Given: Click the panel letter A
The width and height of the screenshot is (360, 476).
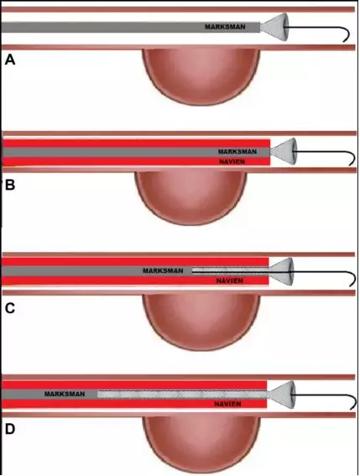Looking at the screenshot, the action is pyautogui.click(x=10, y=60).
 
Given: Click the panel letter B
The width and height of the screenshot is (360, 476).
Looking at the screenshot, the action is pyautogui.click(x=10, y=185).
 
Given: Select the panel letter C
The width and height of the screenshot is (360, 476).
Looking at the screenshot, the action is pyautogui.click(x=10, y=308).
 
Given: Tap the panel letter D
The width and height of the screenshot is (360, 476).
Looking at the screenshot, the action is pyautogui.click(x=10, y=430).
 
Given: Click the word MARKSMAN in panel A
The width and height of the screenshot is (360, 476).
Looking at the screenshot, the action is pyautogui.click(x=225, y=27).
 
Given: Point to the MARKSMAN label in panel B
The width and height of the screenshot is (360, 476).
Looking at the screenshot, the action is pyautogui.click(x=237, y=151).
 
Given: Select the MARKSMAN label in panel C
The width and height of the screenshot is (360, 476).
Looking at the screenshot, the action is pyautogui.click(x=163, y=270).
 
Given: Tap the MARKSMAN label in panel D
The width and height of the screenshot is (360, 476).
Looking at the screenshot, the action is pyautogui.click(x=65, y=394).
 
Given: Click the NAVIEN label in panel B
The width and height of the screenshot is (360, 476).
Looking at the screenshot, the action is pyautogui.click(x=232, y=161).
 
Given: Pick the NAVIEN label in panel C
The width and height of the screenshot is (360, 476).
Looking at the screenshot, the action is pyautogui.click(x=230, y=280).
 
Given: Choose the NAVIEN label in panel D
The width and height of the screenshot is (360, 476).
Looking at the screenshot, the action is pyautogui.click(x=227, y=404).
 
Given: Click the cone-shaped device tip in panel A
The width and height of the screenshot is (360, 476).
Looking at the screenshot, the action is pyautogui.click(x=274, y=27).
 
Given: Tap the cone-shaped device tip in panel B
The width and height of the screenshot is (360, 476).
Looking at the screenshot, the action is pyautogui.click(x=284, y=151).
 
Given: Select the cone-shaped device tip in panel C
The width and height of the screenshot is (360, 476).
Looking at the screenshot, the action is pyautogui.click(x=282, y=271).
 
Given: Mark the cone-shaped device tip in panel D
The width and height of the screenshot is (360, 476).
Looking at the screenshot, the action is pyautogui.click(x=281, y=395).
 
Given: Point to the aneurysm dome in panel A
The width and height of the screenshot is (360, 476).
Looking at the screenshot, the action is pyautogui.click(x=201, y=76).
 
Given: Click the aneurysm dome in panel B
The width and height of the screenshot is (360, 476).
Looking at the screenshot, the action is pyautogui.click(x=190, y=198).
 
